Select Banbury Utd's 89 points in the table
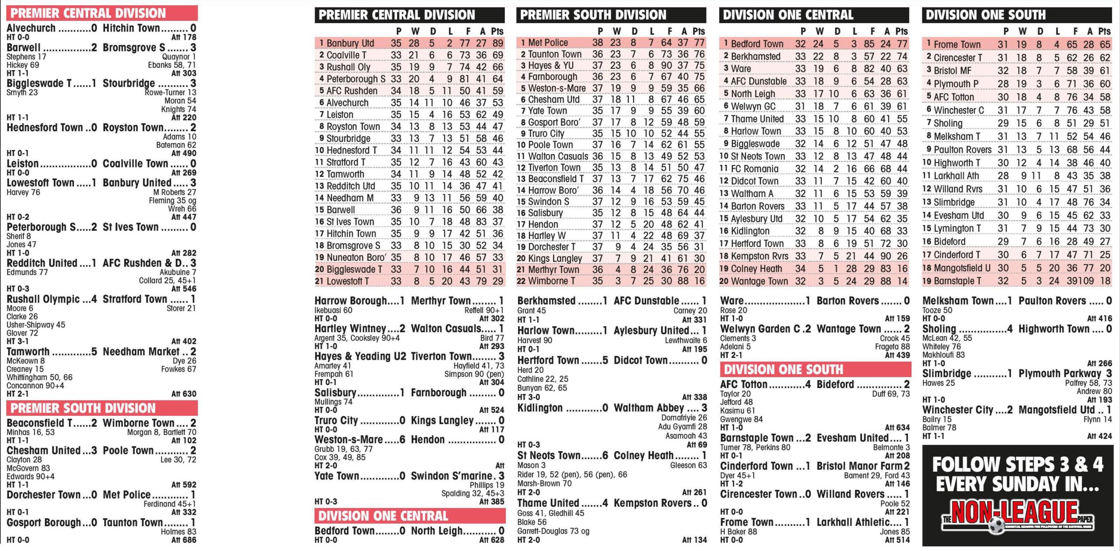click(497, 43)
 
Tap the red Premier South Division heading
click(83, 408)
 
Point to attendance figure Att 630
click(184, 394)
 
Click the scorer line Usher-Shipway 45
click(36, 325)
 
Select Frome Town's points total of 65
click(1105, 45)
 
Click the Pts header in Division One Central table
click(901, 32)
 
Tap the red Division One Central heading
click(383, 516)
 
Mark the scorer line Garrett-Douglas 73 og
click(553, 531)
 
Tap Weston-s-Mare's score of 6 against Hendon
click(402, 440)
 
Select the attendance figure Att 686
click(184, 540)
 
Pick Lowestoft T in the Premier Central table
click(347, 281)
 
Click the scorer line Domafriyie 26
click(684, 418)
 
